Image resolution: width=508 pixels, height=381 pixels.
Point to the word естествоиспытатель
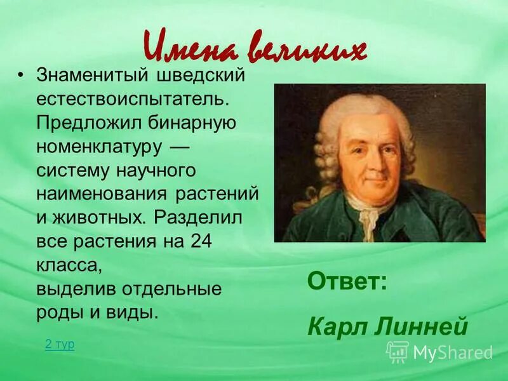click(x=130, y=100)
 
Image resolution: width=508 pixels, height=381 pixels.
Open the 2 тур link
click(x=60, y=344)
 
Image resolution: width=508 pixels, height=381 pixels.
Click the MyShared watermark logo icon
click(x=398, y=351)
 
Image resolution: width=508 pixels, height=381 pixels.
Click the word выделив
click(x=70, y=289)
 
